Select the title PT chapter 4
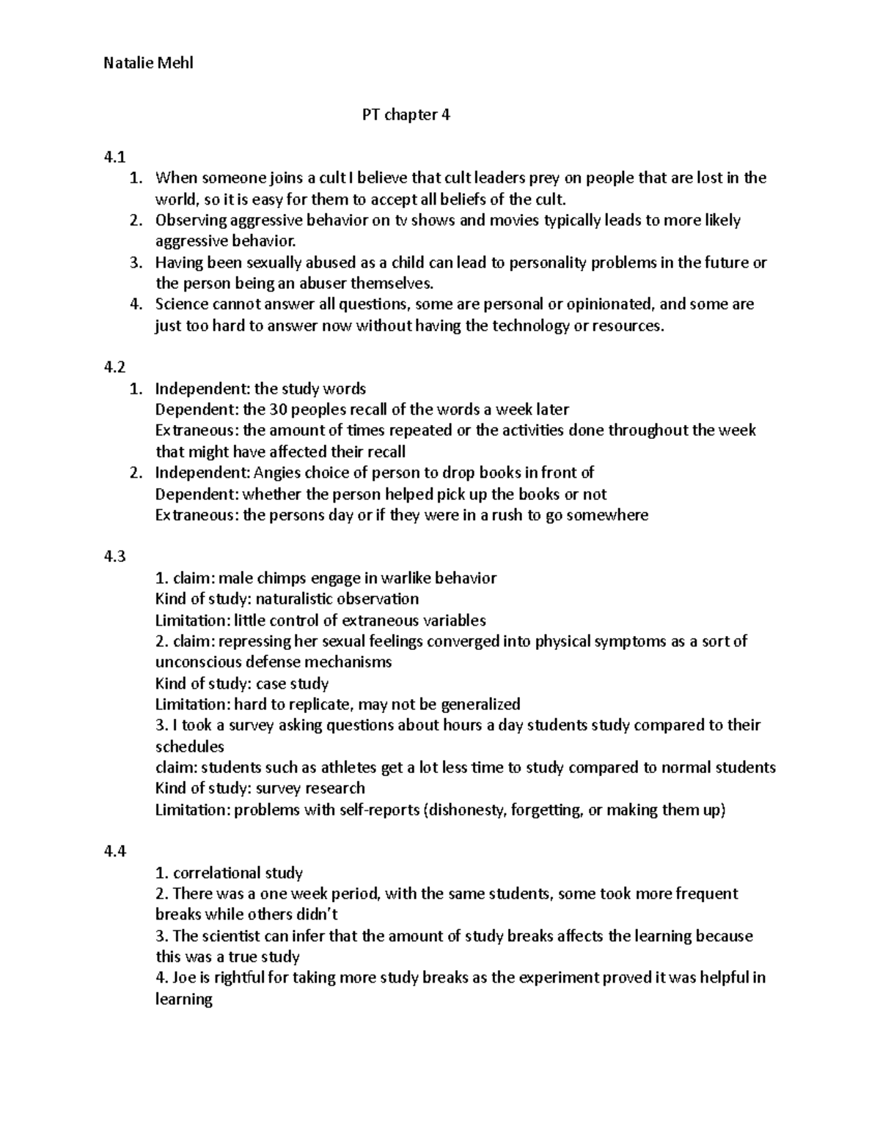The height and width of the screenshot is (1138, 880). click(x=406, y=115)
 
